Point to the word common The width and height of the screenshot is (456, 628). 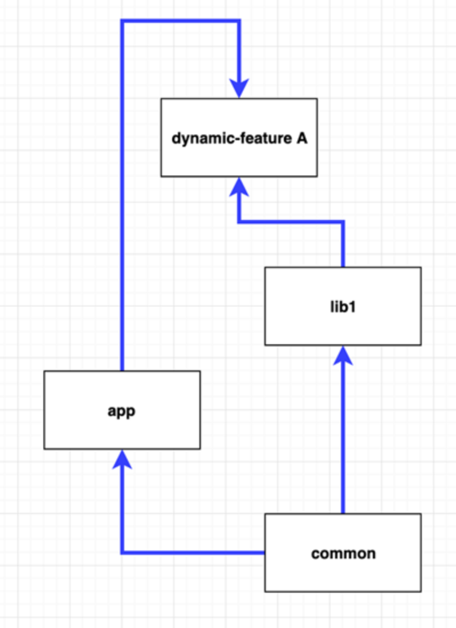coord(343,553)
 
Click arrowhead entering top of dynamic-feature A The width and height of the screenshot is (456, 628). coord(239,89)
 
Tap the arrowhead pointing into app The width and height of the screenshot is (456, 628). coord(121,459)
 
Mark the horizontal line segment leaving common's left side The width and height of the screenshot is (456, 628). coord(194,552)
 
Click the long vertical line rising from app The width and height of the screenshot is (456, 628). coord(121,199)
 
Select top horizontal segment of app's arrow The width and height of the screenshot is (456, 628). coord(180,22)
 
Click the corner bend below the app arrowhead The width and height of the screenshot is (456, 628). coord(122,552)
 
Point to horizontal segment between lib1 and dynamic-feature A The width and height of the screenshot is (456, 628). coord(291,221)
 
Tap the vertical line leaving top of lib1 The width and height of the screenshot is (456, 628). coord(343,245)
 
